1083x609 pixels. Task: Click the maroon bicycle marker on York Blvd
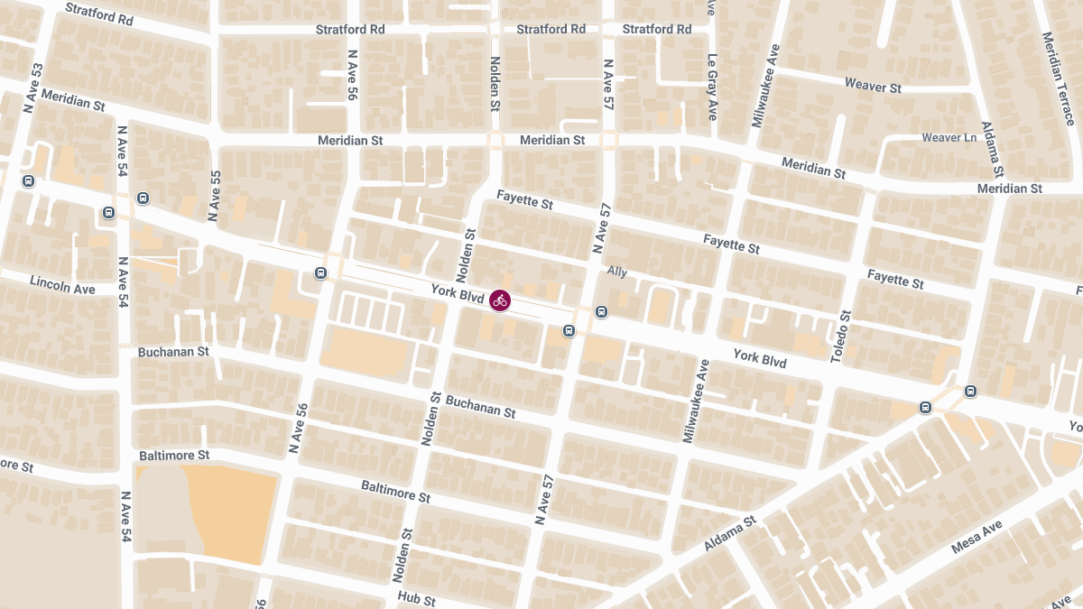(500, 300)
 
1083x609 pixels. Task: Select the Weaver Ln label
(949, 138)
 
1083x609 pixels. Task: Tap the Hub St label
(416, 599)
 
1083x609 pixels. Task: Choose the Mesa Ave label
(977, 536)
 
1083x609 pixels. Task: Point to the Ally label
(617, 271)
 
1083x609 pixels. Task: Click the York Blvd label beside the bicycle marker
(458, 291)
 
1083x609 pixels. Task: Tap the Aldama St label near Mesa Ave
(730, 534)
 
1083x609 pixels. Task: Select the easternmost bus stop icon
(970, 392)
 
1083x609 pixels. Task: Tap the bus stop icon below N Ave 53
(28, 180)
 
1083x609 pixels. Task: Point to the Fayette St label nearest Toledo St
(895, 279)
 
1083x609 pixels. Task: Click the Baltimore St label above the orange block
(174, 456)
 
